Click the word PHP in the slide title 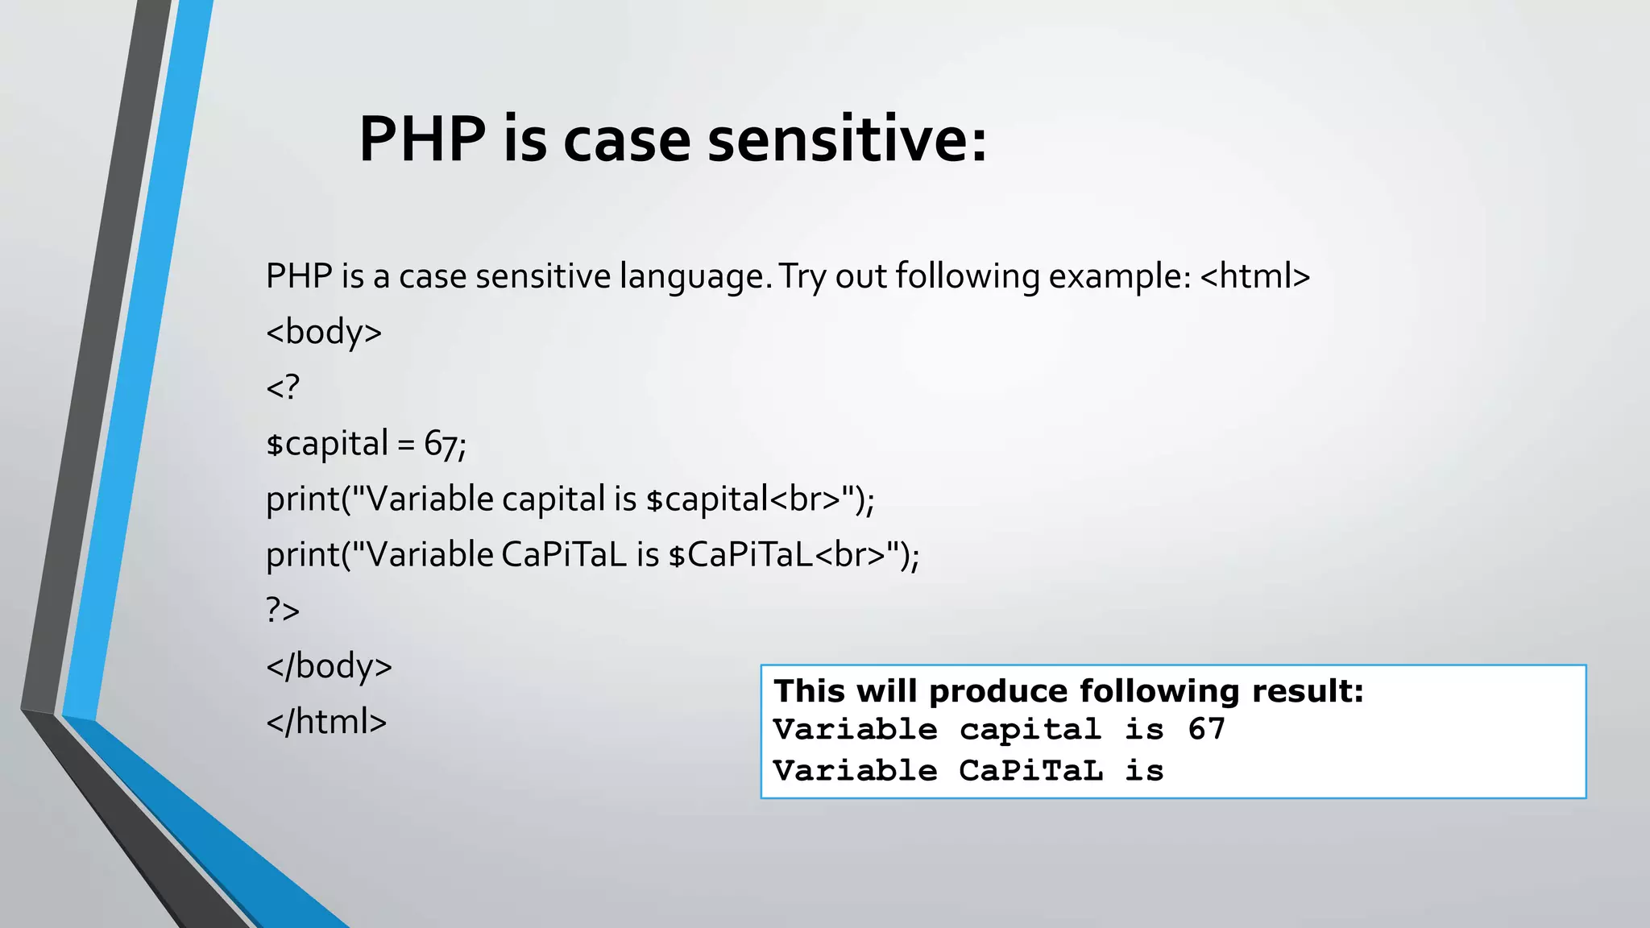(421, 139)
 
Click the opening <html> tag (1254, 276)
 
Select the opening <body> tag (324, 332)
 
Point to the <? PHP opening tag (283, 387)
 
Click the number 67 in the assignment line (442, 444)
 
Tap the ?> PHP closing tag (283, 611)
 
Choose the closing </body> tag (329, 666)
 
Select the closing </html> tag (326, 722)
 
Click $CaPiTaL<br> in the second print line (777, 555)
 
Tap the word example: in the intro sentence (1120, 277)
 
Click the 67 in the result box (1206, 730)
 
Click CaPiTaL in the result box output (1030, 771)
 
